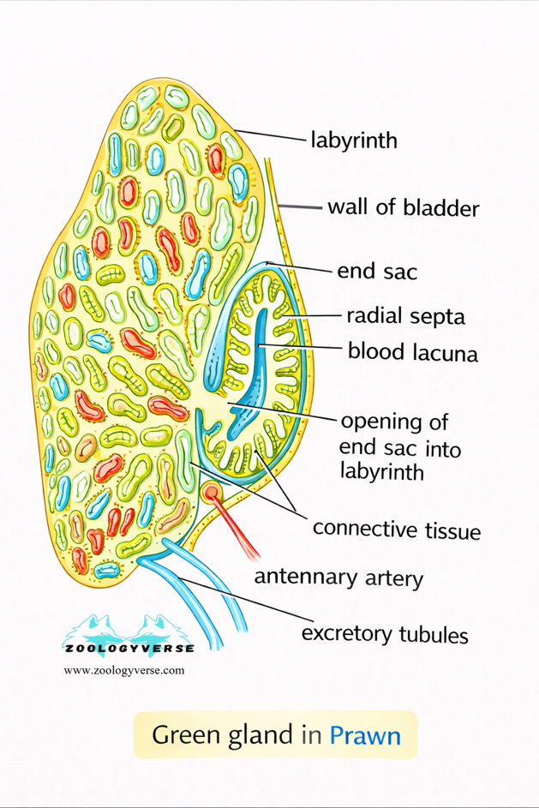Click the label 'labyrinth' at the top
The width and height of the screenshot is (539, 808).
(353, 140)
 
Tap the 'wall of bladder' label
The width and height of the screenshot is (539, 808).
(403, 208)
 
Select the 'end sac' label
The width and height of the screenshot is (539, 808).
(377, 272)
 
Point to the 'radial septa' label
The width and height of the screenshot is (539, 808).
(405, 316)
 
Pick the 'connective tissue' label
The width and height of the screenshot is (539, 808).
(396, 529)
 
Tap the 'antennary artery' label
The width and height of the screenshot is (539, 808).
(338, 578)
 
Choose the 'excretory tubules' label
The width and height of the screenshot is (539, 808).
(385, 634)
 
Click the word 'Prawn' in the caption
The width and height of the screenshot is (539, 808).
(365, 735)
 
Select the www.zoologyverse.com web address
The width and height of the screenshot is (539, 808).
(123, 670)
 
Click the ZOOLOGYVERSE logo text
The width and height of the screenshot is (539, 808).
(129, 649)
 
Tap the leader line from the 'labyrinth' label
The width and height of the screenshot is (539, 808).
(270, 135)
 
